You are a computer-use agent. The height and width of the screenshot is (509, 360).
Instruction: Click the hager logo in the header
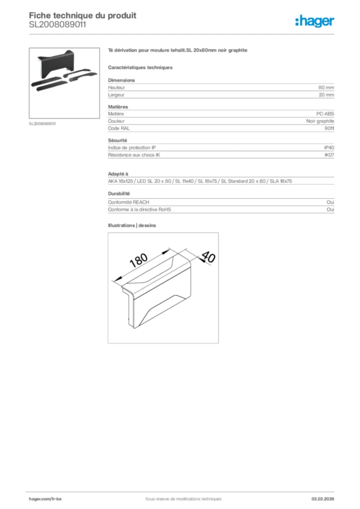(315, 21)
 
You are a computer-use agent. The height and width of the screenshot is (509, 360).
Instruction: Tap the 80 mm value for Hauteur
(326, 87)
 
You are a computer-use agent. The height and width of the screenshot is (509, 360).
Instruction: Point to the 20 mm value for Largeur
(326, 94)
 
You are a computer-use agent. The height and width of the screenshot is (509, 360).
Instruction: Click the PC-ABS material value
(325, 114)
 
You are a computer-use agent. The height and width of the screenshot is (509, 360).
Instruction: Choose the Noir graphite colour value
(320, 121)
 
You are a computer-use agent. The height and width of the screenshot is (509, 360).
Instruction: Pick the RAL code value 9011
(329, 128)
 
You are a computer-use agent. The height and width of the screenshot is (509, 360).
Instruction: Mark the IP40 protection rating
(329, 148)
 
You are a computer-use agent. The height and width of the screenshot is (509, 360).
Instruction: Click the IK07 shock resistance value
(329, 155)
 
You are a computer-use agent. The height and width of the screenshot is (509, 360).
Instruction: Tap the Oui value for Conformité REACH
(330, 202)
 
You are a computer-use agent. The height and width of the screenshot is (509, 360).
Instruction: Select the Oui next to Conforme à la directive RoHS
(330, 209)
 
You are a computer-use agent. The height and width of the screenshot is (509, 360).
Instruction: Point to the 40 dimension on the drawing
(208, 257)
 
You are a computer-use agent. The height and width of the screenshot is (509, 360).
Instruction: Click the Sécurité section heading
(117, 141)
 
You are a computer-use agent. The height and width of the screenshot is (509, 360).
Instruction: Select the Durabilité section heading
(119, 193)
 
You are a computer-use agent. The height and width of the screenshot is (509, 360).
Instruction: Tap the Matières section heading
(118, 107)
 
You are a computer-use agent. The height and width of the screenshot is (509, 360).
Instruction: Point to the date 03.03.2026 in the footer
(322, 499)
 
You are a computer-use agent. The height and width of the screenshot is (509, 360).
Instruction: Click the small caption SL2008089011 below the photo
(42, 123)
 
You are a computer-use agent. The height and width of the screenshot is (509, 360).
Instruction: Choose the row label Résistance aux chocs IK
(134, 155)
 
